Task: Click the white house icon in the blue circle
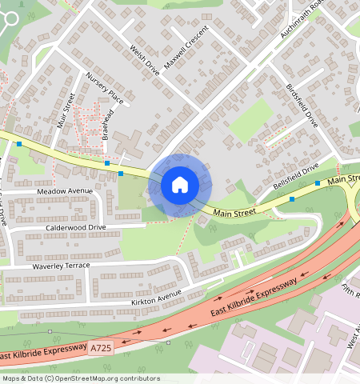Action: pos(180,186)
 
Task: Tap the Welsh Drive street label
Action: pos(145,60)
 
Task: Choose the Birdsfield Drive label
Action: pos(302,106)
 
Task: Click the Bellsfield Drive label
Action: pos(295,175)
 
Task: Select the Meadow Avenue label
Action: pos(65,191)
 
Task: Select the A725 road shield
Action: pos(102,348)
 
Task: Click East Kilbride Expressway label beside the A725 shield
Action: pos(42,350)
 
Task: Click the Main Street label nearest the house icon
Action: pos(234,212)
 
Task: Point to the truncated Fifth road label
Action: pos(350,289)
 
